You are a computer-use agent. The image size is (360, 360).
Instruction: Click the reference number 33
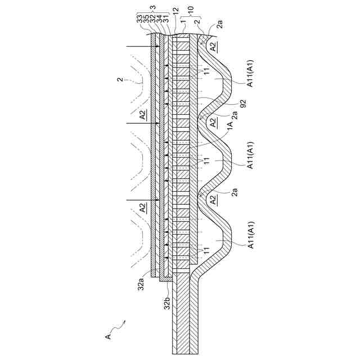tap(139, 19)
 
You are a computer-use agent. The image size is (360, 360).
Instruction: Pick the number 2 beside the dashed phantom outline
tap(120, 80)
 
